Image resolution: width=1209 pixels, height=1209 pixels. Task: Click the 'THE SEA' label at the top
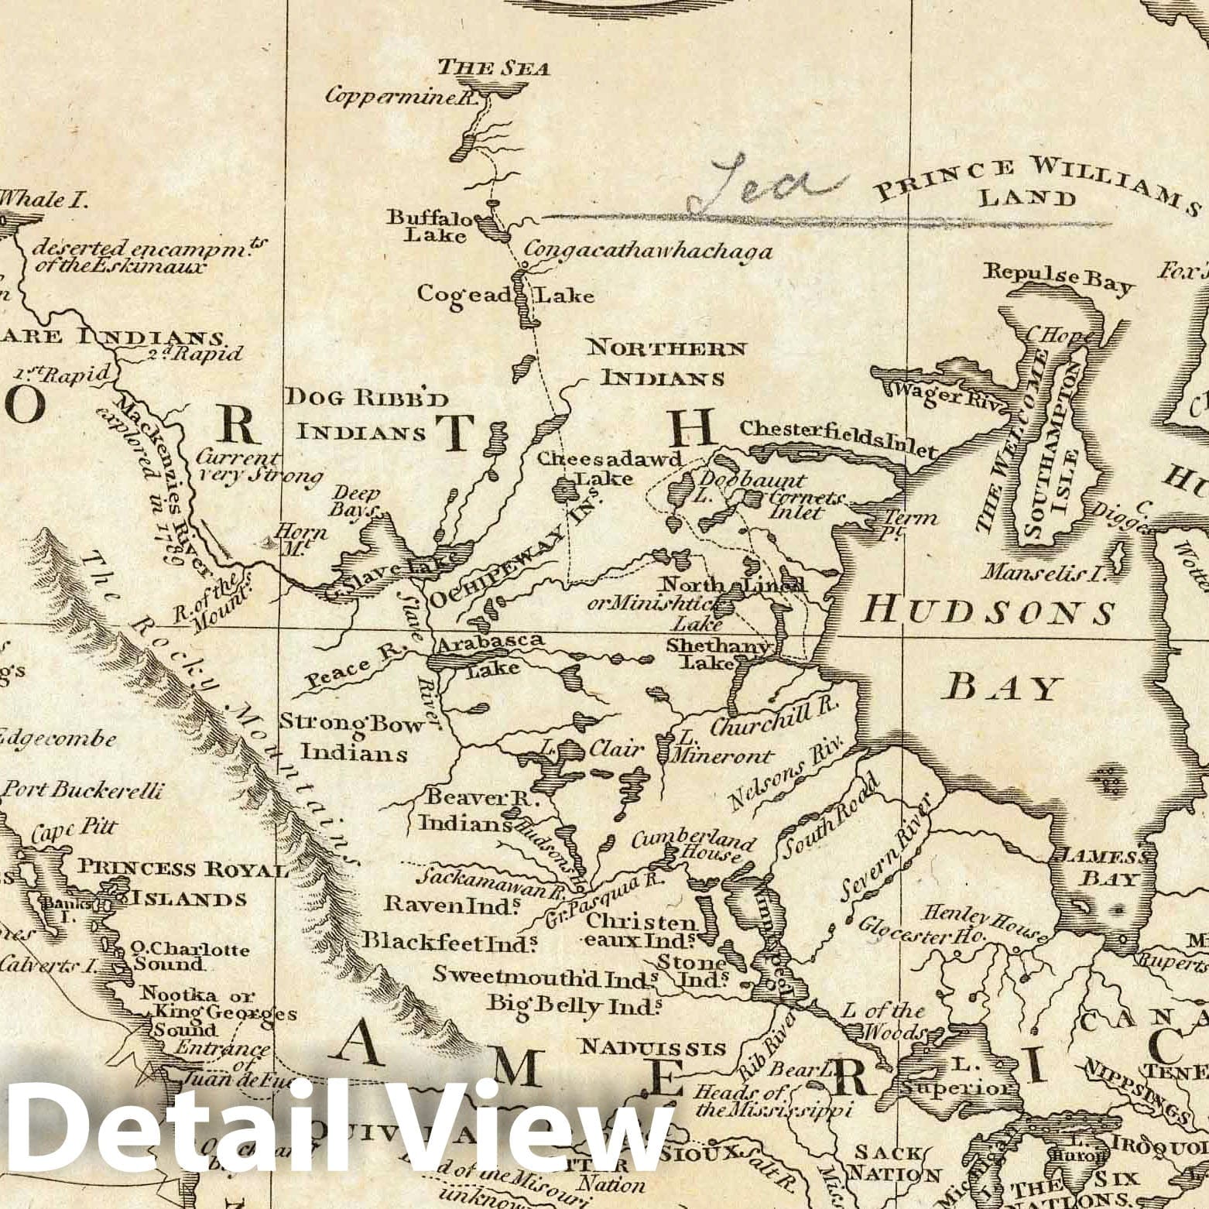(x=493, y=68)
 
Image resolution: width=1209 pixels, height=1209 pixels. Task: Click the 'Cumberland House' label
(x=693, y=848)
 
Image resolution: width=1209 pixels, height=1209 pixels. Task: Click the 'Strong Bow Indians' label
(x=353, y=737)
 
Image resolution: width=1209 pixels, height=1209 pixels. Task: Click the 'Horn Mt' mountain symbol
(x=270, y=544)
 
